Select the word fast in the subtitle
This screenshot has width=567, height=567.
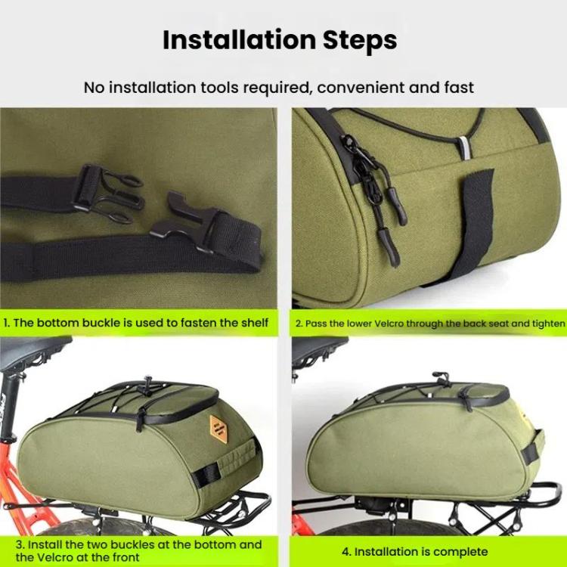click(x=457, y=88)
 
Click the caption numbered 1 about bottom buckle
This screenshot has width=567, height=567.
click(x=136, y=323)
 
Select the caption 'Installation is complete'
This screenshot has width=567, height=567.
click(x=421, y=551)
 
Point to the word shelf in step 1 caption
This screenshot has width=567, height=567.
click(x=253, y=323)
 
